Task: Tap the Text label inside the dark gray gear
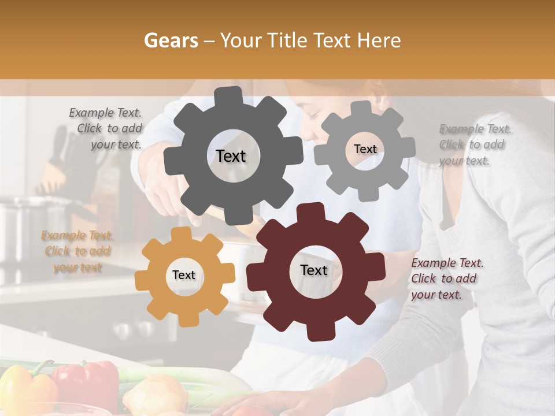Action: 231,156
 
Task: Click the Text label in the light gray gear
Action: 365,149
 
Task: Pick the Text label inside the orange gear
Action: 184,275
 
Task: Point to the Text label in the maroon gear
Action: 314,270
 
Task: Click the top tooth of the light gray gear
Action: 361,108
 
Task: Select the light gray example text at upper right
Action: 474,144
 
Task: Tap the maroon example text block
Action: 446,278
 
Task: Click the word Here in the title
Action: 379,40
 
